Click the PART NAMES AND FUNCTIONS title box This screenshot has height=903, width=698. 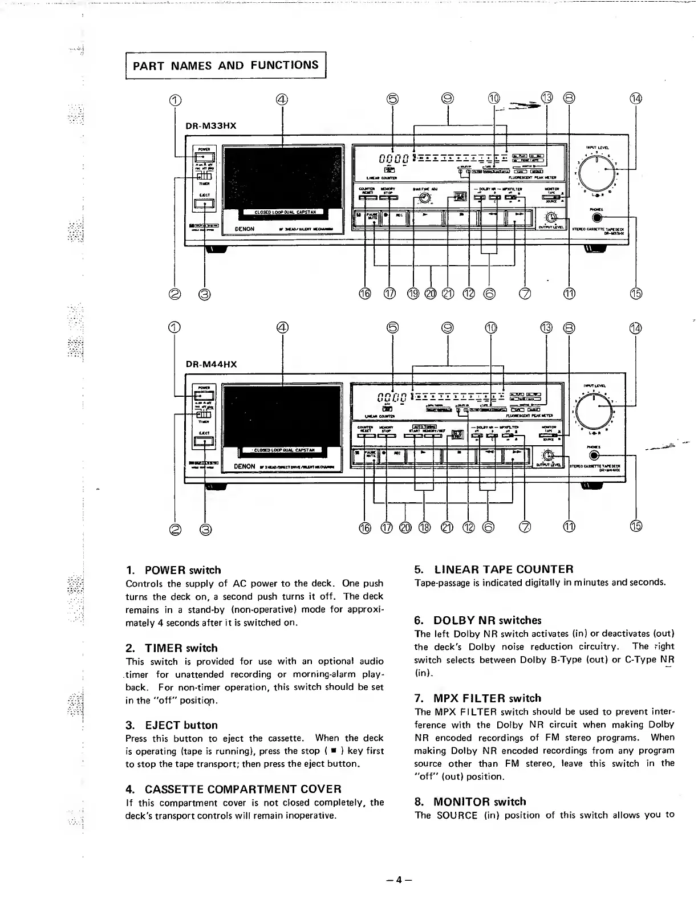[225, 65]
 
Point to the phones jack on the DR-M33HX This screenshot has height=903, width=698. [596, 217]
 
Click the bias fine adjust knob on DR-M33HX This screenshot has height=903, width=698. [424, 198]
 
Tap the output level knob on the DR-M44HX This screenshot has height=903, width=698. [549, 455]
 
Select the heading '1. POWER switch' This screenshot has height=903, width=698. [173, 570]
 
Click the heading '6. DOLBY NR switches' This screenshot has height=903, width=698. [477, 620]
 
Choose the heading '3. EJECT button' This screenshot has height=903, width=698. [171, 725]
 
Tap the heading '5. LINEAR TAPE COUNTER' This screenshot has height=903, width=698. [494, 570]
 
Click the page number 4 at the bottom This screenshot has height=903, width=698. [399, 879]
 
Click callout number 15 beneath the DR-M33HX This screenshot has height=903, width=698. [636, 294]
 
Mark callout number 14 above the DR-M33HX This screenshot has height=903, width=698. [636, 97]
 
